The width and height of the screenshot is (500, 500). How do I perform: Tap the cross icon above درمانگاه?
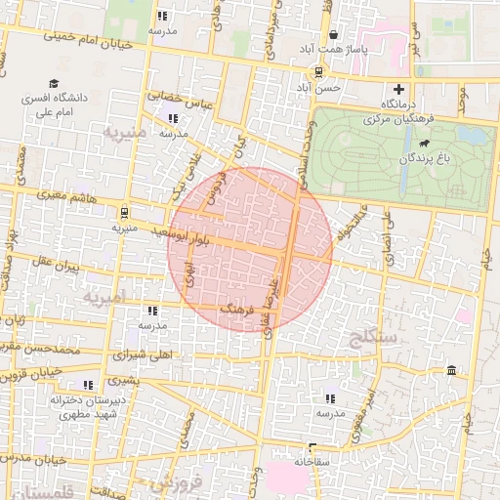point(398,88)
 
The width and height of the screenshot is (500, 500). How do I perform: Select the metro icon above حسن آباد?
point(318,72)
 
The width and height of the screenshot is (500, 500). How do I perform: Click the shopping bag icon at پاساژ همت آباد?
point(333,31)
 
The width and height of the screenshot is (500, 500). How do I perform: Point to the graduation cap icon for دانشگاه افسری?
point(54,84)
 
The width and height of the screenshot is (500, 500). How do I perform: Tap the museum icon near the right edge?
point(450,370)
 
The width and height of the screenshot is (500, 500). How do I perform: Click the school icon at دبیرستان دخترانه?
point(89,385)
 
